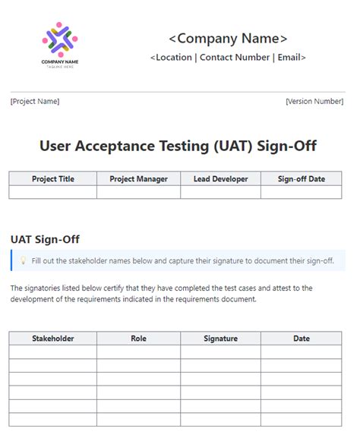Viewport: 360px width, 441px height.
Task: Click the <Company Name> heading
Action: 228,38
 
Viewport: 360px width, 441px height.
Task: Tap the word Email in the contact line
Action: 289,57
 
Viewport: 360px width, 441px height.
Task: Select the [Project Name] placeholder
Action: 35,101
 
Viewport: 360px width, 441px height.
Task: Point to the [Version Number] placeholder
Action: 314,101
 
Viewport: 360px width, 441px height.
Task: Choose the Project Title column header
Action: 53,179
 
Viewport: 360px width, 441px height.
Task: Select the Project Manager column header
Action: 138,179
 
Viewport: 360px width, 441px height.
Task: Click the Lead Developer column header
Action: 220,179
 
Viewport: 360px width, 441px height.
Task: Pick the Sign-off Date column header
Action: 302,179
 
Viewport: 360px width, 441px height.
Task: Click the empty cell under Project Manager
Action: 138,192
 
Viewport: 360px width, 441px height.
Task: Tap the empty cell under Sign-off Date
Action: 302,192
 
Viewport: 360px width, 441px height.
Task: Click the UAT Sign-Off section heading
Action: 45,240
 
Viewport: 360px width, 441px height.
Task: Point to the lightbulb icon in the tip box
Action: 24,260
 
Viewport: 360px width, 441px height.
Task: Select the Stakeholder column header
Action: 53,339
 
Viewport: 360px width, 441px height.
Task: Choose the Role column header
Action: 138,339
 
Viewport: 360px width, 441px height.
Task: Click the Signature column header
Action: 220,339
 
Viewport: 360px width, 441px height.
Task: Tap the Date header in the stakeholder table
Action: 302,339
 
